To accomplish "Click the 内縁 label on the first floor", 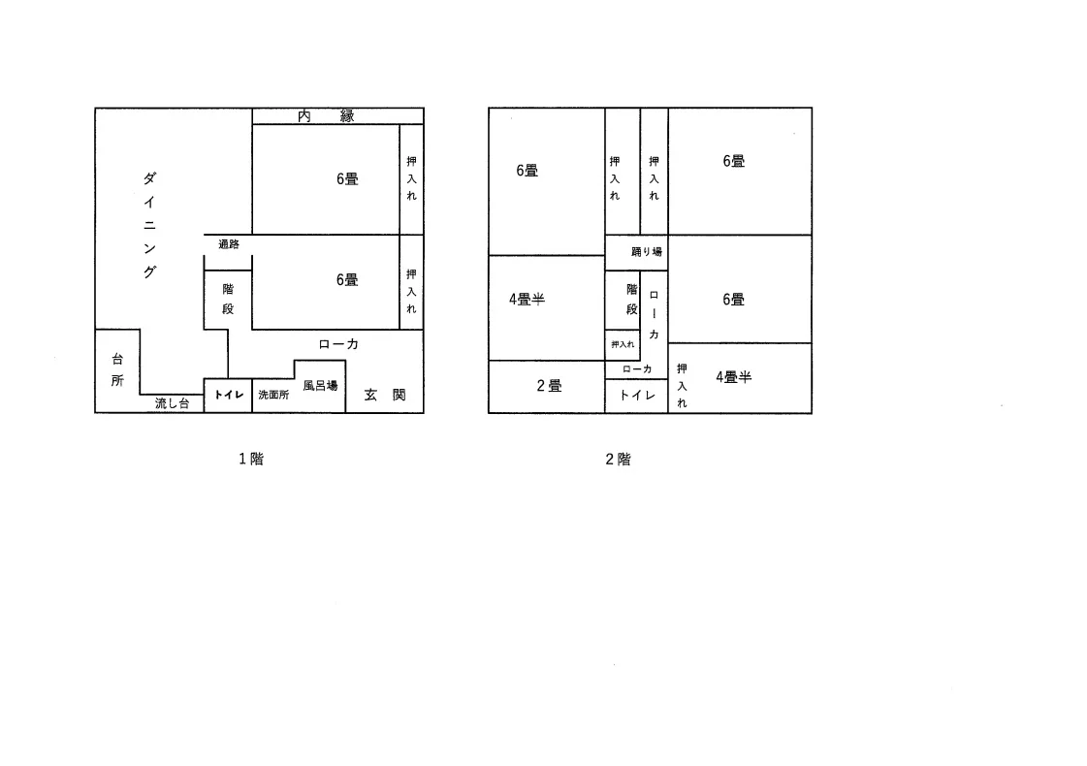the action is coord(326,115).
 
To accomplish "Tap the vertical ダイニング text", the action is coord(149,225).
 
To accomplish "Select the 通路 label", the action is coord(229,244).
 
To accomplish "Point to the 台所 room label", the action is coord(118,369).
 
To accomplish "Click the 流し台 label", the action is coord(172,402).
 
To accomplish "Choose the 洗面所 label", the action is coord(273,395).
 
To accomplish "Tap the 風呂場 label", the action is coord(320,386).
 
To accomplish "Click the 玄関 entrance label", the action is coord(385,395).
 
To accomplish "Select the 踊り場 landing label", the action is coord(647,252).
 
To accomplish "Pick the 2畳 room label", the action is coord(549,386).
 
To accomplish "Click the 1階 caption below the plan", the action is coord(251,459).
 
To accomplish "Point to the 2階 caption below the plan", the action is coord(618,459).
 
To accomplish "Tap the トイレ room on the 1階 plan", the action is coord(229,395).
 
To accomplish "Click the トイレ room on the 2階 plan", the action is coord(637,396).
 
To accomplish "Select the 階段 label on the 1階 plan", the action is coord(228,299).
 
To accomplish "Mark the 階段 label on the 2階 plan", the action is coord(631,299).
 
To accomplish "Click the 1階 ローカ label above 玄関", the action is coord(338,344).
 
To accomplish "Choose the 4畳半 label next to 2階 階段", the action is coord(527,300).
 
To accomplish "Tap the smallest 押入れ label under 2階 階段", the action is coord(623,344).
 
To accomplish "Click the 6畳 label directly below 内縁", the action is coord(347,178).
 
